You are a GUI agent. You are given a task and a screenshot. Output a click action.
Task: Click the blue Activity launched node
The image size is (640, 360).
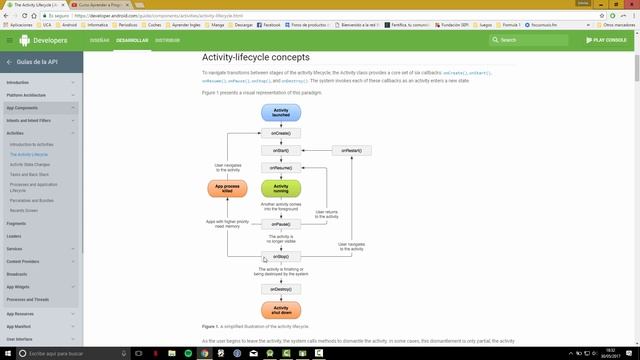[281, 112]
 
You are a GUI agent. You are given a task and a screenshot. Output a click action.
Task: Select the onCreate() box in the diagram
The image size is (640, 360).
[281, 133]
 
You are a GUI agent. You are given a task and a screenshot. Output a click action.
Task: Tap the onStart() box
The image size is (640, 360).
[281, 151]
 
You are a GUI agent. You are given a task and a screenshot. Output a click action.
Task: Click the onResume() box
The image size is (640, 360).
[281, 168]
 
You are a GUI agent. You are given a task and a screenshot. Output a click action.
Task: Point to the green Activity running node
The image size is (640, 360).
[281, 187]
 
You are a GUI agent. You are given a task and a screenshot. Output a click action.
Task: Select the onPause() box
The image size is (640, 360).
[281, 224]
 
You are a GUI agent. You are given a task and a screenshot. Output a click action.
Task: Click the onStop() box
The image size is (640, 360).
[281, 256]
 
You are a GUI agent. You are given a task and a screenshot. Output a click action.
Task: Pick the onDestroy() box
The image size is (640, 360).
[281, 288]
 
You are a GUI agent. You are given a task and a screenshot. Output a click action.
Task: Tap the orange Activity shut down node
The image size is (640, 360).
[281, 310]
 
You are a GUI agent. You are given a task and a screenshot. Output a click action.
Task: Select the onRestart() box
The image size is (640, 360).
[352, 151]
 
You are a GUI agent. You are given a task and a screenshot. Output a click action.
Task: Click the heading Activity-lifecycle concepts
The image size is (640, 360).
[255, 58]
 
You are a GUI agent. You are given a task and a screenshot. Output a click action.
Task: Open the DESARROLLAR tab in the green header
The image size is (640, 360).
[132, 40]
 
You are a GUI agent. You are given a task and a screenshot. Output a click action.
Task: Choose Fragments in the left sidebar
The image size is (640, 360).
[16, 223]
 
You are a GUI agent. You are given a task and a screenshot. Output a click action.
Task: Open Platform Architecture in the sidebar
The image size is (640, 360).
[26, 95]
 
